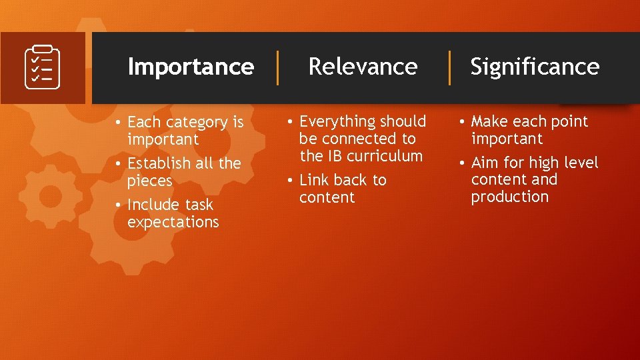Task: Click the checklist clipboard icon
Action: coord(43,67)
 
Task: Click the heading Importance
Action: coord(191,67)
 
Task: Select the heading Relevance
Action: coord(363,67)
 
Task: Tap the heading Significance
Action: coord(535,67)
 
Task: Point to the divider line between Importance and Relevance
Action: coord(278,67)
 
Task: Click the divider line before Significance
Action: coord(450,67)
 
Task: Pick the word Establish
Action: coord(158,163)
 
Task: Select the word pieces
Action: coord(149,181)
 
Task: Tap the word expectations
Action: coord(173,222)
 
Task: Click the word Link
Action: coord(315,180)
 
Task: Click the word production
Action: coord(509,197)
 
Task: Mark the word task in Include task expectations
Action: coord(199,205)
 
